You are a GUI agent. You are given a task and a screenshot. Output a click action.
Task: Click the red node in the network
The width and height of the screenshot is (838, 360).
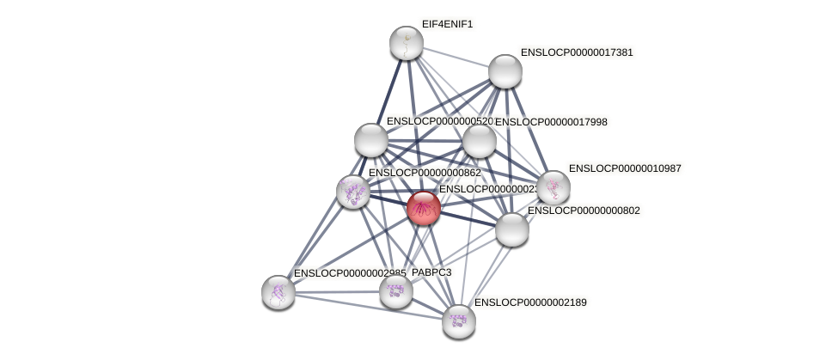coord(423,208)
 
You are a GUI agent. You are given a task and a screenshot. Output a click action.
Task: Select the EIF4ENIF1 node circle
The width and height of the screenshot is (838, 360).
coord(406,43)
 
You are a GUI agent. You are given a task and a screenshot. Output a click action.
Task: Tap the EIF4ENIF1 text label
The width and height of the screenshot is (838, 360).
coord(447,24)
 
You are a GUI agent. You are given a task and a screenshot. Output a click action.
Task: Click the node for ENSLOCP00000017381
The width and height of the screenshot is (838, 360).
coord(505,71)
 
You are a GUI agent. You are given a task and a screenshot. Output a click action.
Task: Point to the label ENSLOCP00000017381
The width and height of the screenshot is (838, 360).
coord(577,52)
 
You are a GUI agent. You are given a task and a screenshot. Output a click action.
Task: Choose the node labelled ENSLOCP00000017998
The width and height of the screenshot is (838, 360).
coord(479,141)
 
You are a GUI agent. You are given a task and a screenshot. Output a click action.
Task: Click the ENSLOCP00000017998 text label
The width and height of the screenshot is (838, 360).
coord(551,122)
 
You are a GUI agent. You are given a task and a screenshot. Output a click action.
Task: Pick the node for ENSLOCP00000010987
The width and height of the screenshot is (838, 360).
coord(553,187)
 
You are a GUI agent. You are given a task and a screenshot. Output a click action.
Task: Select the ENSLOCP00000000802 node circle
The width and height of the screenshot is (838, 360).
coord(511,229)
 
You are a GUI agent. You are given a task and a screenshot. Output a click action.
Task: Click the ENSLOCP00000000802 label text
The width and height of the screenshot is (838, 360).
coord(584,211)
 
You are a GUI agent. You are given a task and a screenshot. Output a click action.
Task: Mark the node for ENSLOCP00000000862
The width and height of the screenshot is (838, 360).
coord(352,192)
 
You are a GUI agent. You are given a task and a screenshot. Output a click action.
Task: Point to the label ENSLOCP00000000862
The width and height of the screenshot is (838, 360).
coord(425,173)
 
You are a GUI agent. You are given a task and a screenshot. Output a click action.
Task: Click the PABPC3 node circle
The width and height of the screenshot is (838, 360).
coord(395,291)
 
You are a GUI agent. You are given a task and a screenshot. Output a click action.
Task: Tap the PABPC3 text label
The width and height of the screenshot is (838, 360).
coord(431,272)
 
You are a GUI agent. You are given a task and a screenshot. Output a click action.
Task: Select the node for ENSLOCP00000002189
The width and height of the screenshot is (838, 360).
coord(458,320)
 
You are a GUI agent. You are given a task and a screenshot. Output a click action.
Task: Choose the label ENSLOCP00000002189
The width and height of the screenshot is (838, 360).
coord(530,302)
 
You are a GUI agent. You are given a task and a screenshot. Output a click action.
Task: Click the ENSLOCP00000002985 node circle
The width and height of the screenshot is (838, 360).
coord(278,292)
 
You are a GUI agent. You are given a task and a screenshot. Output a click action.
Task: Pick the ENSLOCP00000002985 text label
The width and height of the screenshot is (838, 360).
coord(349,273)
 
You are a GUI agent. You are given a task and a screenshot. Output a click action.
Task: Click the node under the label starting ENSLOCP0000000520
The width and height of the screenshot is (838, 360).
coord(370,140)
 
